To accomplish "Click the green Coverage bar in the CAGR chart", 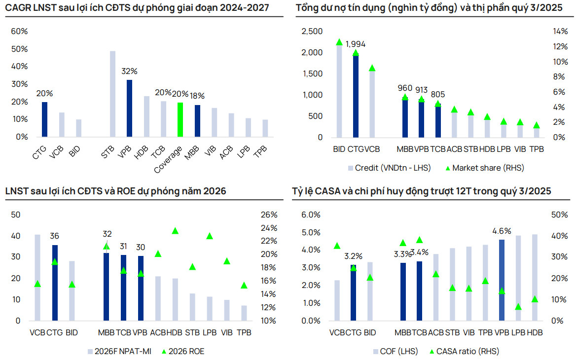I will [x=180, y=120].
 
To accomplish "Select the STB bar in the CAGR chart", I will [x=112, y=94].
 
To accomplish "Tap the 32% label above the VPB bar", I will [x=129, y=72].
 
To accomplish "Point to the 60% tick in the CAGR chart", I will [x=19, y=31].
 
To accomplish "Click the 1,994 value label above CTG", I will [x=356, y=44].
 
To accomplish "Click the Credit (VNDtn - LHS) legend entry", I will [x=389, y=168].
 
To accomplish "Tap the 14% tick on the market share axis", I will [x=560, y=32].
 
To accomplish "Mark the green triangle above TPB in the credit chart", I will [x=537, y=125].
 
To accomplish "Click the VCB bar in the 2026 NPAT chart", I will [x=37, y=277].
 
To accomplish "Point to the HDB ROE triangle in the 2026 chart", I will [x=175, y=231].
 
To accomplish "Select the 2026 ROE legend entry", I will [x=182, y=351].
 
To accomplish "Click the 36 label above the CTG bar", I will [x=55, y=236].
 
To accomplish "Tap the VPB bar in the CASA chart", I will [x=502, y=280].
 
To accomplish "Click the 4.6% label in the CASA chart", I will [x=502, y=231].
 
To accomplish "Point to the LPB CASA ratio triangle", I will [x=518, y=307].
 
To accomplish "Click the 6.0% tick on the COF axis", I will [x=311, y=215].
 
